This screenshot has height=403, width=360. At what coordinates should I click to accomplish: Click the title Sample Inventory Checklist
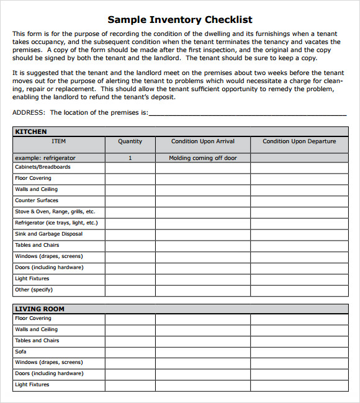coord(180,20)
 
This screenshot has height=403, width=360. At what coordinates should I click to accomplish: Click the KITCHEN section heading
coord(31,131)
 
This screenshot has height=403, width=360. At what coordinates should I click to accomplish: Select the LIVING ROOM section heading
coord(40,309)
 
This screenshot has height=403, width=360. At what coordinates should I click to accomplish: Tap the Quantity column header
coord(130,141)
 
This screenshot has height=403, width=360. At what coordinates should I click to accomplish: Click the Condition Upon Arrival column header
coord(203,141)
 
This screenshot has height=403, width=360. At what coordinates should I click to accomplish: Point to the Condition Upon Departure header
coord(299,141)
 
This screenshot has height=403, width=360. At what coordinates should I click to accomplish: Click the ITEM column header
coord(58,141)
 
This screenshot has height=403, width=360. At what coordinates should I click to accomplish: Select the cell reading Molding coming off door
coord(203,158)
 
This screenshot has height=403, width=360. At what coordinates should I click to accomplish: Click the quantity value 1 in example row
coord(130,158)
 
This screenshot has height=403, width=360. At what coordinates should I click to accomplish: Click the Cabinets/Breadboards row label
coord(43,167)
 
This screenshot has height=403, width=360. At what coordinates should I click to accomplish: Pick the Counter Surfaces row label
coord(37,200)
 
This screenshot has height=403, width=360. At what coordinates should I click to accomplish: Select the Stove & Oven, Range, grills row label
coord(55,211)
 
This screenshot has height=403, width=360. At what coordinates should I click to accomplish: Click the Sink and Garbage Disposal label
coord(48,234)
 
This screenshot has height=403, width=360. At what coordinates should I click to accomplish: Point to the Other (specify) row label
coord(34,290)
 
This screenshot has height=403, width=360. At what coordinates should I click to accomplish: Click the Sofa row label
coord(21,352)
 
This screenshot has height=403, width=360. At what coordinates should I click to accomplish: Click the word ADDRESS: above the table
coord(29,113)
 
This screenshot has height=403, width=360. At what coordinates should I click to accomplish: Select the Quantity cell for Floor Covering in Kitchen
coord(130,179)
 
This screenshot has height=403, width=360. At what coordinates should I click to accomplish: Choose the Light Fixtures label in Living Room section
coord(32,385)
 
